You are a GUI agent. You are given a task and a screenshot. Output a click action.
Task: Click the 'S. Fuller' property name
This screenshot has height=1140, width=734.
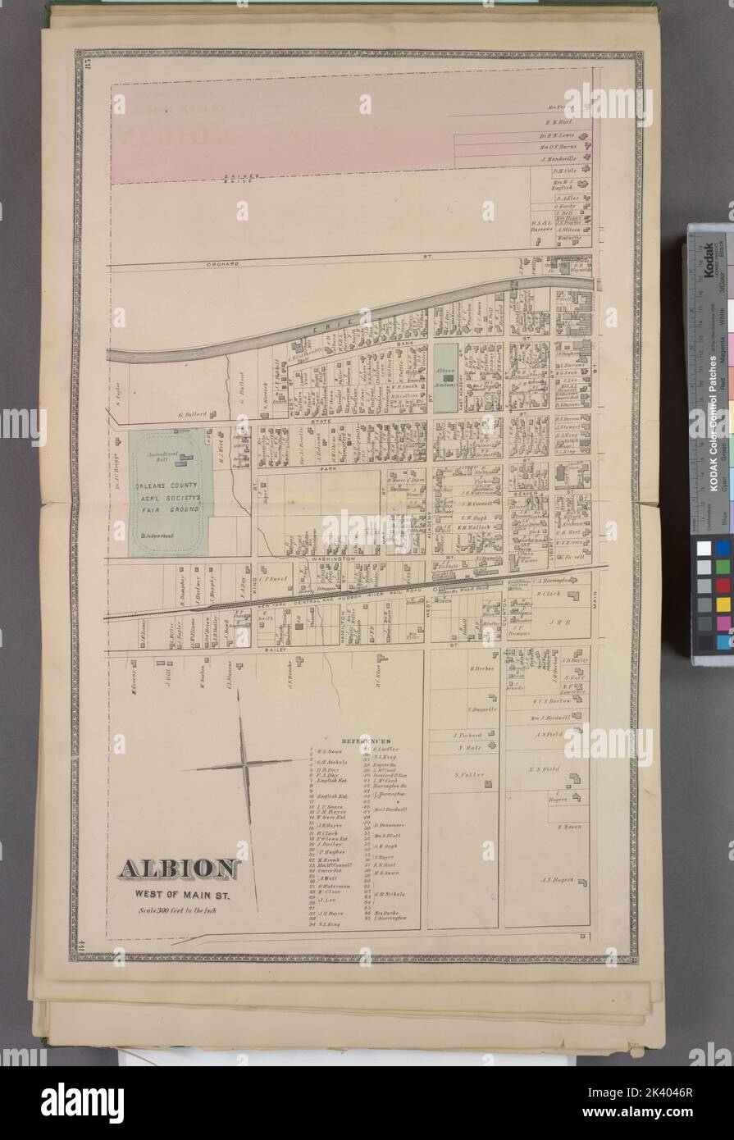(x=469, y=774)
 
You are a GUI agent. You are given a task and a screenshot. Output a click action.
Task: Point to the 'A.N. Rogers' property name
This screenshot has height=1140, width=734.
(x=557, y=882)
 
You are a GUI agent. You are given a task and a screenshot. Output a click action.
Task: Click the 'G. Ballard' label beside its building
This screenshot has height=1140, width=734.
(x=187, y=416)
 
